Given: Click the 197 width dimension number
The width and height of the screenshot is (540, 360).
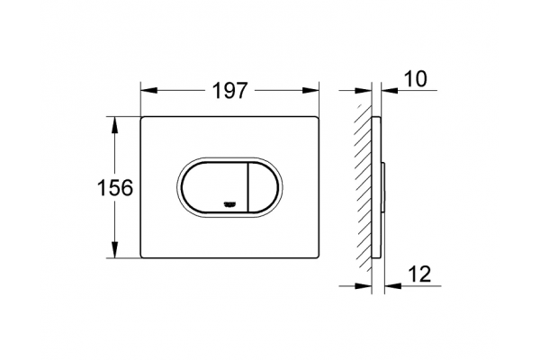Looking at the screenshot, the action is [x=229, y=91].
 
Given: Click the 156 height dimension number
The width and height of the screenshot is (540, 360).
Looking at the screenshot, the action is [x=115, y=188].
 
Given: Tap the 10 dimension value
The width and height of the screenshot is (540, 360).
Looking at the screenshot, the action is [x=415, y=79].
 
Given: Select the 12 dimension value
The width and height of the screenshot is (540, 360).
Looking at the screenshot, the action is [x=419, y=274].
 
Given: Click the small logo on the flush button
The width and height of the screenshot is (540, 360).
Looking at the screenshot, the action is [x=229, y=204].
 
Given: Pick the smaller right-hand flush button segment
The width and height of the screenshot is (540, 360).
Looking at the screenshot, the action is [x=261, y=186].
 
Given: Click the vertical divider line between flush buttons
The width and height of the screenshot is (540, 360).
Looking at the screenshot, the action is [x=248, y=186].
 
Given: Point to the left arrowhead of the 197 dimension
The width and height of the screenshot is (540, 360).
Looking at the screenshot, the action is [x=149, y=91].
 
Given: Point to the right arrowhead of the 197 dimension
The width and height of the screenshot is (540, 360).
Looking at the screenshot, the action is [x=310, y=91].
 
